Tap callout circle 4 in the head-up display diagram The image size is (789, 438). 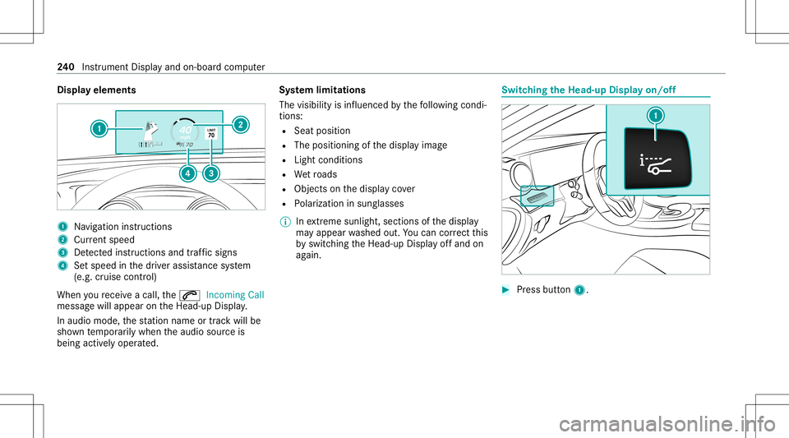(187, 174)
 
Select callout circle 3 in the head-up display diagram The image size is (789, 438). (213, 174)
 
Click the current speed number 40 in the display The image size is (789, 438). (186, 131)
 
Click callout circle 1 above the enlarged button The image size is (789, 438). (656, 117)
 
